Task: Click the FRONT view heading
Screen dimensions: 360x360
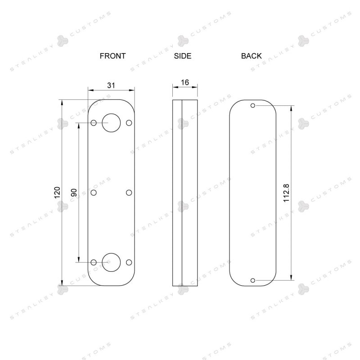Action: (x=112, y=56)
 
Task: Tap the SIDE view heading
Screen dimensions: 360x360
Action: (x=183, y=56)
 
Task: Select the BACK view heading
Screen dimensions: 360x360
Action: (x=251, y=56)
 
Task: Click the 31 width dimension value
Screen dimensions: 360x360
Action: (x=111, y=85)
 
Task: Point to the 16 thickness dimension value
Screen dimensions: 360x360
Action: (x=185, y=82)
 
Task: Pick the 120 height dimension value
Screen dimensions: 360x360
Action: (x=57, y=193)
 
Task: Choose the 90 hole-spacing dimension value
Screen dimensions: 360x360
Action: (x=74, y=193)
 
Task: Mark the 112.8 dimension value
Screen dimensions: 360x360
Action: (x=286, y=193)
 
